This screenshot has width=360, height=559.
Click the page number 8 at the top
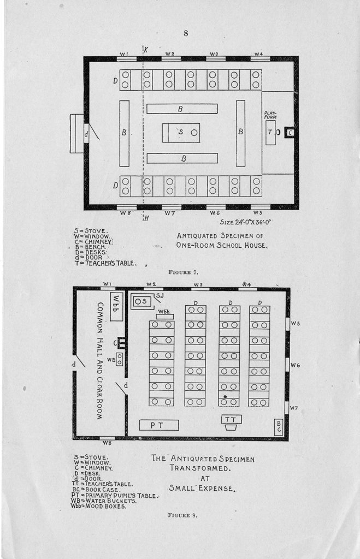click(186, 33)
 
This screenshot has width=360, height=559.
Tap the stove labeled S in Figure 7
click(181, 133)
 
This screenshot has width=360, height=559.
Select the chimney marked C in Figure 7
click(290, 133)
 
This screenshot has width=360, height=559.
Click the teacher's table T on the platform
click(270, 133)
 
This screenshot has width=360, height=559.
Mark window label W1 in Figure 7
click(124, 53)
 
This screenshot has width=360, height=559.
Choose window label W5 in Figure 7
click(258, 212)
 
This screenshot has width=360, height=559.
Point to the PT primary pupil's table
click(158, 425)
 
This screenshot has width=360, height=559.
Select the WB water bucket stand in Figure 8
click(119, 359)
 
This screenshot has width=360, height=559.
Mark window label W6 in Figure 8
click(295, 365)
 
